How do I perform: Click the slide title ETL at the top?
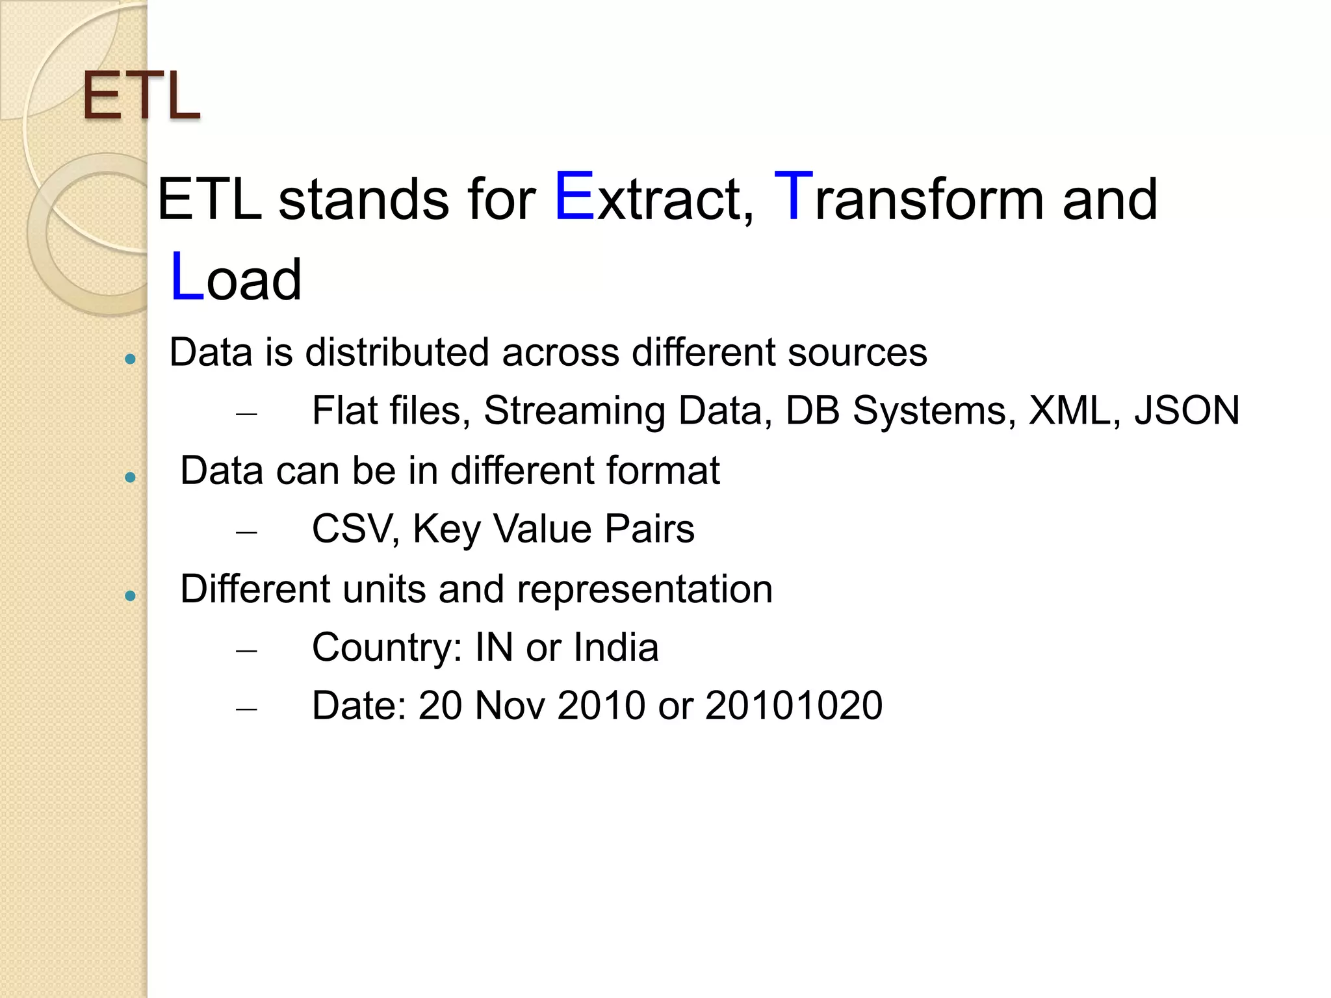pyautogui.click(x=141, y=97)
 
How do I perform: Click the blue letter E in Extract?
pyautogui.click(x=575, y=197)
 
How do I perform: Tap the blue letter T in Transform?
pyautogui.click(x=794, y=197)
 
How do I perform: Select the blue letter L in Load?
pyautogui.click(x=187, y=277)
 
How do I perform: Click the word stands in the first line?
pyautogui.click(x=363, y=199)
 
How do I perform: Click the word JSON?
pyautogui.click(x=1187, y=411)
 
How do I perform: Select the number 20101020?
pyautogui.click(x=794, y=706)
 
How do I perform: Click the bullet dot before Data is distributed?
pyautogui.click(x=131, y=359)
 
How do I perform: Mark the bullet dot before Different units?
pyautogui.click(x=131, y=595)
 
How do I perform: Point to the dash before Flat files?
pyautogui.click(x=247, y=413)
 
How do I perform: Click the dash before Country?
pyautogui.click(x=247, y=650)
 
